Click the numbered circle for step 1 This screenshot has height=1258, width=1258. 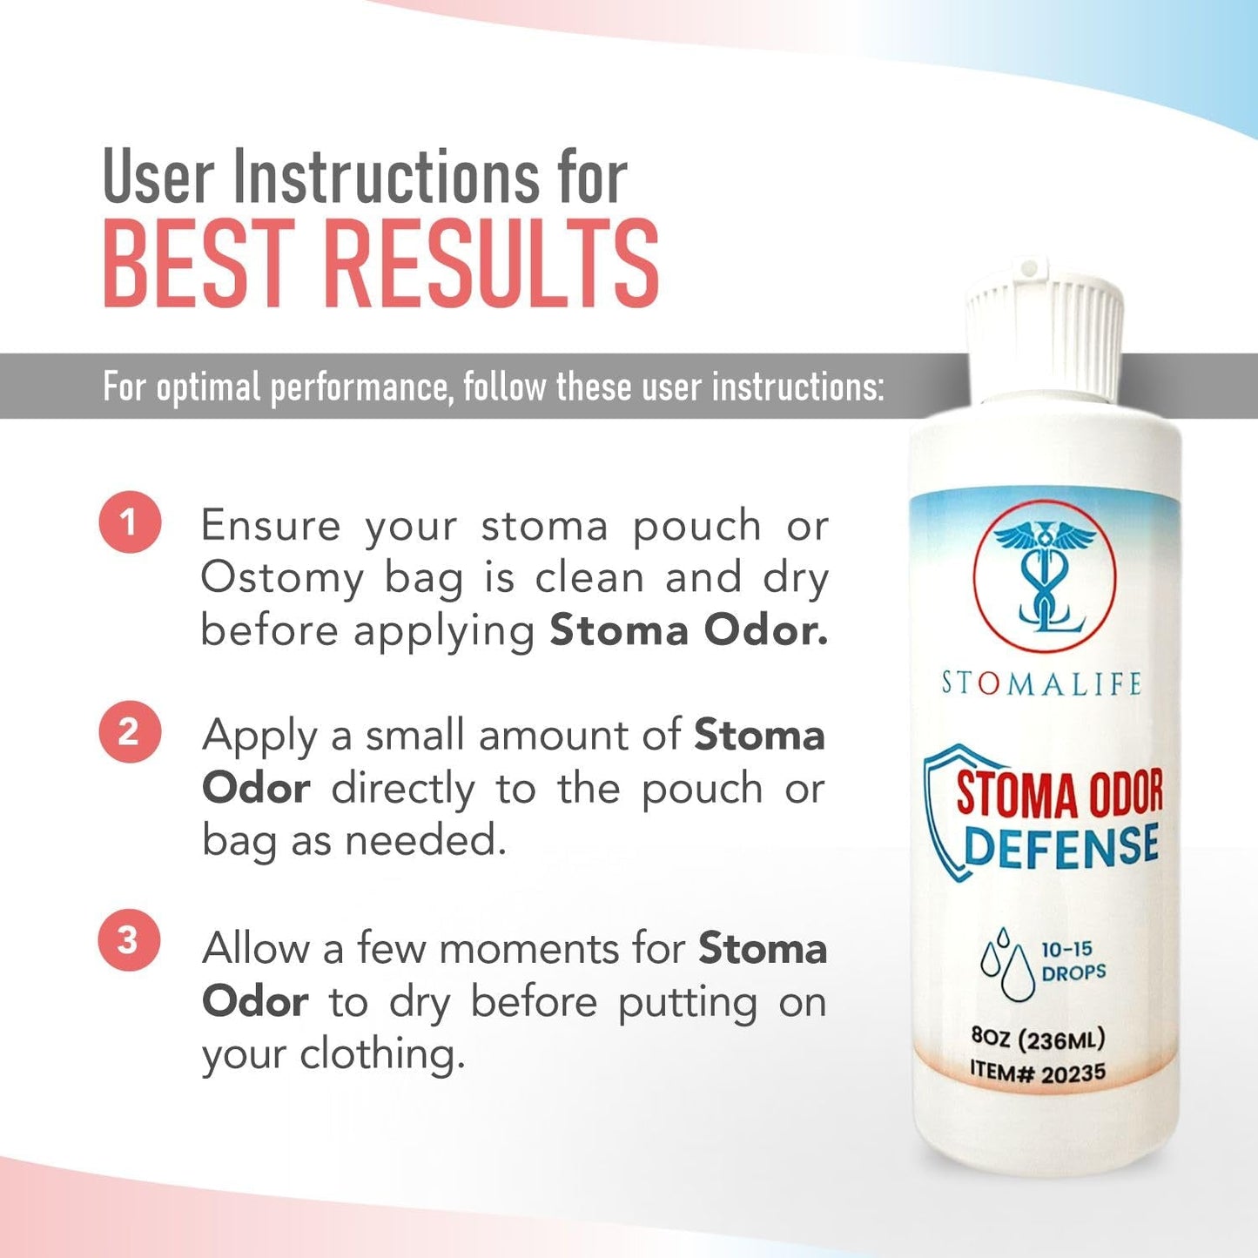[x=130, y=522]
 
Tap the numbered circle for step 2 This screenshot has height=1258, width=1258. [x=129, y=732]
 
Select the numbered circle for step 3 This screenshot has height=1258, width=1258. [x=129, y=940]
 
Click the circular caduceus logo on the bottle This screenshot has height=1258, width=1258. [x=1044, y=575]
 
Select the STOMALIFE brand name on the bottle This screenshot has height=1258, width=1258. [x=1041, y=683]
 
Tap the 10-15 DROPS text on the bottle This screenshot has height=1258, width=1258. [x=1073, y=961]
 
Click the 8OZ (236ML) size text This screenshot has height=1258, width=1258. [x=1038, y=1039]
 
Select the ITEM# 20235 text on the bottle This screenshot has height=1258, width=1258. [x=1038, y=1072]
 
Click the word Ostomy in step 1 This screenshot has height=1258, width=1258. [x=281, y=579]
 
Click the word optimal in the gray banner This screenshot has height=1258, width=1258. [x=208, y=387]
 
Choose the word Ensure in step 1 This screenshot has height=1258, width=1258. [x=270, y=526]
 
